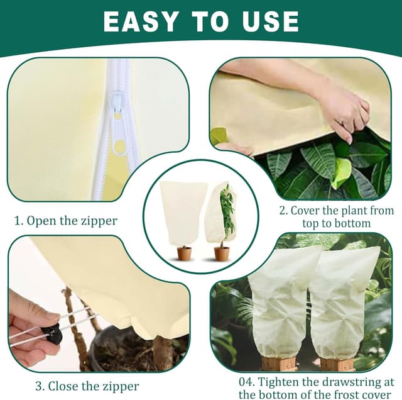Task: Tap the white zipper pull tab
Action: (117, 108)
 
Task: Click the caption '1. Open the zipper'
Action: (65, 221)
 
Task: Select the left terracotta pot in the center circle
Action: (184, 253)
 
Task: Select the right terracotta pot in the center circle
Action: (222, 253)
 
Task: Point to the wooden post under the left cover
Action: (279, 364)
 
